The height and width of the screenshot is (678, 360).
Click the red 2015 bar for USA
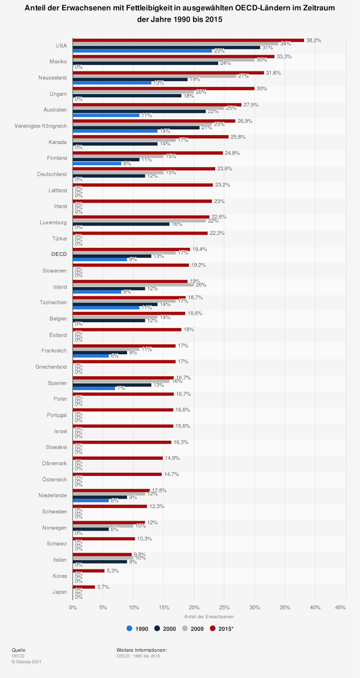(x=188, y=40)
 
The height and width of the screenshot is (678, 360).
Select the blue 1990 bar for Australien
(x=106, y=115)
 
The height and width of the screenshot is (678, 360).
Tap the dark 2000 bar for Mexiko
(x=145, y=63)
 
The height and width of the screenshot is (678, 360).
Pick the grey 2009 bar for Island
(x=133, y=285)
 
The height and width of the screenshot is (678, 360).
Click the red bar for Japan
(x=84, y=587)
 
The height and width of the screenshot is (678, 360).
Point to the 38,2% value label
(x=314, y=40)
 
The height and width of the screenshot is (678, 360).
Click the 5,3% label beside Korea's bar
(x=113, y=571)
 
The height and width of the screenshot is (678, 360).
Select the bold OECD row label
(x=59, y=254)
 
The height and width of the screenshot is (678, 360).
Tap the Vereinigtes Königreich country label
(x=41, y=126)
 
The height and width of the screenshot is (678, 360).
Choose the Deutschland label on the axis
(x=52, y=174)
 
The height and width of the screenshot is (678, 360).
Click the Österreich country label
(x=55, y=480)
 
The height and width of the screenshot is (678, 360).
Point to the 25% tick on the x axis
(x=224, y=608)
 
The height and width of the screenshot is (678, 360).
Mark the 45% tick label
(x=340, y=608)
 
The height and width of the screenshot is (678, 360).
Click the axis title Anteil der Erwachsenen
(x=209, y=617)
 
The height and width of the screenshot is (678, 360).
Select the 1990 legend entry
(x=138, y=629)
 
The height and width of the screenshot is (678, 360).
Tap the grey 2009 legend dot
(x=185, y=628)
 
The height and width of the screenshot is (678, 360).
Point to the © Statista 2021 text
(x=27, y=661)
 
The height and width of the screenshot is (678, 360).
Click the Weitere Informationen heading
(x=141, y=650)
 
